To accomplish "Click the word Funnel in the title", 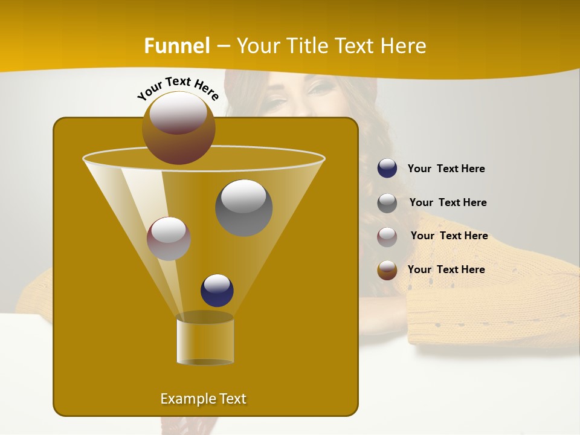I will (177, 45).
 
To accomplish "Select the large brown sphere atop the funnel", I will (178, 127).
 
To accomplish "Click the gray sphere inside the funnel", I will (243, 207).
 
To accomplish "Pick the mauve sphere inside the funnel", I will (169, 238).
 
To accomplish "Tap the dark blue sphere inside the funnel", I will (217, 290).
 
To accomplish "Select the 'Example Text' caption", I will (203, 399).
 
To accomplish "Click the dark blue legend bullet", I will (387, 169).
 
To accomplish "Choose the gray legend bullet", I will (387, 202).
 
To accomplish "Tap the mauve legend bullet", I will (387, 236).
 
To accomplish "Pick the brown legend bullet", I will (387, 270).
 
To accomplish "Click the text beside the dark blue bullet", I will (446, 169).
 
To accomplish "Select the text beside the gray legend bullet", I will (448, 202).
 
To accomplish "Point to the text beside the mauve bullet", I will (449, 236).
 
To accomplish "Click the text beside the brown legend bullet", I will (446, 269).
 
